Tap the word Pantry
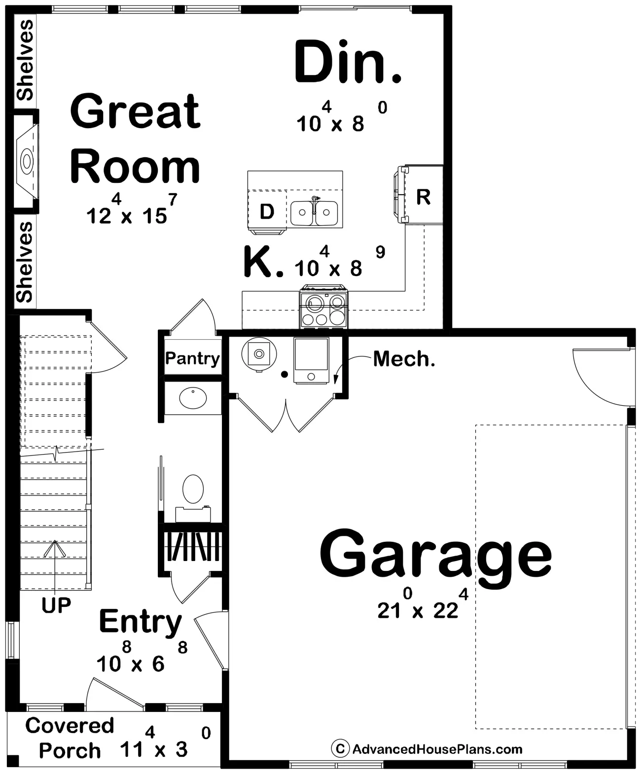pos(192,358)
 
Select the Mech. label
pos(404,359)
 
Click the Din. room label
pos(348,62)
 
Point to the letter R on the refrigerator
pos(424,197)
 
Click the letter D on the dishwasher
pos(267,211)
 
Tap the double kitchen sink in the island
pos(314,212)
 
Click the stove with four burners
pos(323,307)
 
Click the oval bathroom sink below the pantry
pos(193,398)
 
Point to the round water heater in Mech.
pos(259,354)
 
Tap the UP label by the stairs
pos(56,605)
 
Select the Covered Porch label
pos(70,738)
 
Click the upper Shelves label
pos(25,60)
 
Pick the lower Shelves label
pos(25,262)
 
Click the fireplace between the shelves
pos(26,161)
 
